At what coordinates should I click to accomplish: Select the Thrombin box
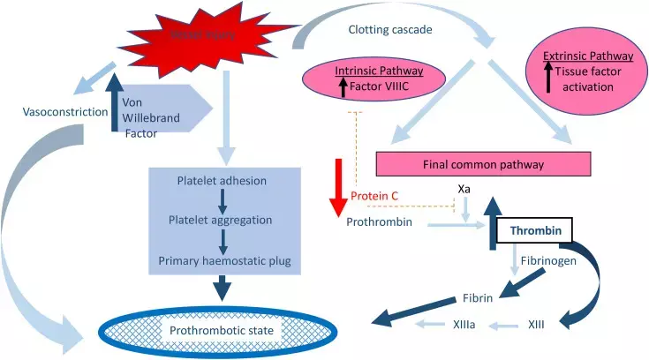click(534, 230)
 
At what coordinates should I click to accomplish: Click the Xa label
click(464, 189)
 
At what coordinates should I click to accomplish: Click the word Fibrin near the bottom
click(478, 297)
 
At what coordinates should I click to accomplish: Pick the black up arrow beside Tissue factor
click(548, 79)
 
